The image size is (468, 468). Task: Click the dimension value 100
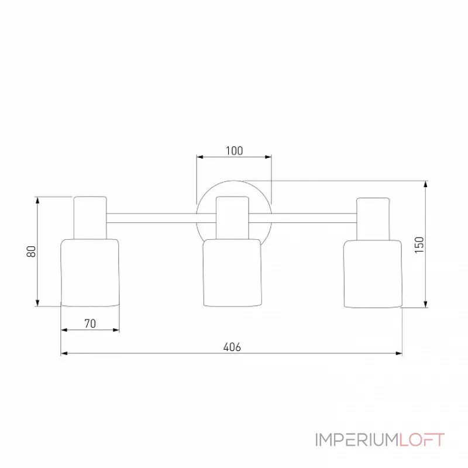pyautogui.click(x=233, y=150)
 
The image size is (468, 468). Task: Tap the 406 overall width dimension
pyautogui.click(x=232, y=346)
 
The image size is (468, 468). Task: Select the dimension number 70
pyautogui.click(x=90, y=323)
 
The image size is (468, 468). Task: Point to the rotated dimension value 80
pyautogui.click(x=32, y=251)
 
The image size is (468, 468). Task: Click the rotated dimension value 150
pyautogui.click(x=418, y=243)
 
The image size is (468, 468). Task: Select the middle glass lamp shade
pyautogui.click(x=232, y=273)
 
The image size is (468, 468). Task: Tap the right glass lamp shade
pyautogui.click(x=373, y=273)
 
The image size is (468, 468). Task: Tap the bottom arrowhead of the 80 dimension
pyautogui.click(x=38, y=302)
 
